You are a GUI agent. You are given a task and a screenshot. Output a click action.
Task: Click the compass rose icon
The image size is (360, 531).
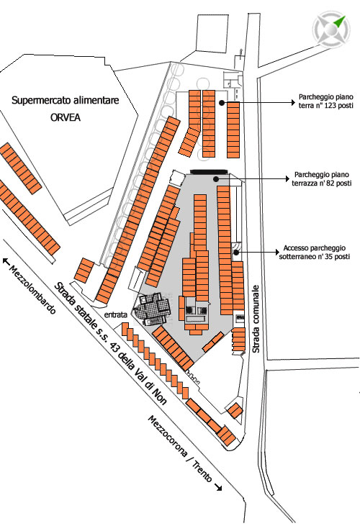[x=331, y=29]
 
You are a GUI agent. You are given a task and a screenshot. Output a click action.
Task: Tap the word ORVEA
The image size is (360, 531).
[x=66, y=117]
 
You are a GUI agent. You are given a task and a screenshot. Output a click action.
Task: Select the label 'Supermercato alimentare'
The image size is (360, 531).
[x=66, y=101]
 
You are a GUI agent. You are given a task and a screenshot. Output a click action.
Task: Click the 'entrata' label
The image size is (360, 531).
[x=116, y=314]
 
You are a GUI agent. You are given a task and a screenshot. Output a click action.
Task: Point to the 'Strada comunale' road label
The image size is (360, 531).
[x=256, y=319]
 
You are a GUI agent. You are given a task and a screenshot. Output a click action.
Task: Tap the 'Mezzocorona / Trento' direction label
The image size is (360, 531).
[x=180, y=449]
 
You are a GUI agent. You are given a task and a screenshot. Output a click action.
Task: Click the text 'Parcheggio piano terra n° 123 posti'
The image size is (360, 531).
[x=325, y=101]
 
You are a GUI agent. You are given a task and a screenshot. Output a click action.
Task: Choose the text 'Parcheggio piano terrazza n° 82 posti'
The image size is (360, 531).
[x=321, y=179]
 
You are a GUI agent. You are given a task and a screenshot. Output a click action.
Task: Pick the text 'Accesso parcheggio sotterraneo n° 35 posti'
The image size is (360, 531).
[x=314, y=253]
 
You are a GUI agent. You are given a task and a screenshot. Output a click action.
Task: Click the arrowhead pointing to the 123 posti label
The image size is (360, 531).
[x=294, y=102]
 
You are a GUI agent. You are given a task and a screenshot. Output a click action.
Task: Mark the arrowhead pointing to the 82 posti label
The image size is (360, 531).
[x=287, y=178]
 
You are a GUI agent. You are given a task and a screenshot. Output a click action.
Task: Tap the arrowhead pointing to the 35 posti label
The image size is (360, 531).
[x=277, y=253]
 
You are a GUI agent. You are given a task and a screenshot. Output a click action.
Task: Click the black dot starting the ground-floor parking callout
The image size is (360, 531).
[x=222, y=103]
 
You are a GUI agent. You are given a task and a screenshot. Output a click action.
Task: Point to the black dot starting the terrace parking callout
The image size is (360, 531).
[x=215, y=179]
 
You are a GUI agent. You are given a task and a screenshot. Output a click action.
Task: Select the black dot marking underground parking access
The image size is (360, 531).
[x=236, y=252]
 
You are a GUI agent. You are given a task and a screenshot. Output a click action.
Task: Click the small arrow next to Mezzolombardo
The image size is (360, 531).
[x=6, y=260]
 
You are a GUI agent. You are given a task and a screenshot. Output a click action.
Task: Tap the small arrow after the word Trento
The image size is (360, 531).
[x=219, y=487]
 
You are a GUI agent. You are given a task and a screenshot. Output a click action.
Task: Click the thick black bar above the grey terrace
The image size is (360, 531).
[x=208, y=172]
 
